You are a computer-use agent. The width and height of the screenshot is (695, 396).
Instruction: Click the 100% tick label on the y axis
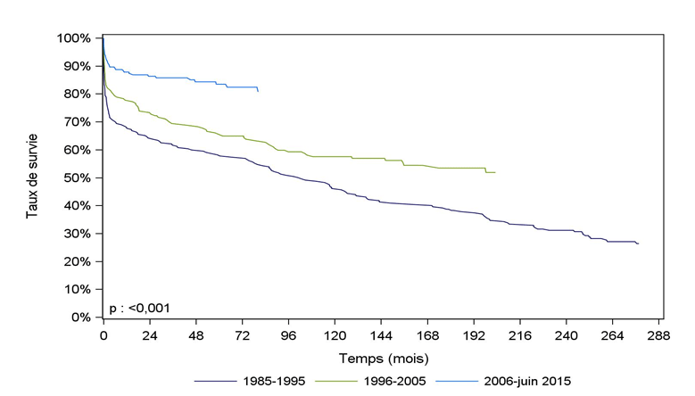tap(72, 38)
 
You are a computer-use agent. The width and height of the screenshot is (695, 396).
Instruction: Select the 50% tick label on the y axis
tap(76, 177)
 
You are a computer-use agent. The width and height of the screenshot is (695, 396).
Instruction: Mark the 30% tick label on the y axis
tap(76, 234)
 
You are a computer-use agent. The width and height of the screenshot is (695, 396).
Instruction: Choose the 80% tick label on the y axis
tap(76, 95)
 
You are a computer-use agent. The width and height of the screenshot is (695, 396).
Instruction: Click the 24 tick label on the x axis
tap(149, 335)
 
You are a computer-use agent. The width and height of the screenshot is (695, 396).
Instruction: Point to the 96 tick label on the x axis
tap(288, 335)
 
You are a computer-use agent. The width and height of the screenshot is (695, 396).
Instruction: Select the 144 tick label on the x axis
tap(381, 335)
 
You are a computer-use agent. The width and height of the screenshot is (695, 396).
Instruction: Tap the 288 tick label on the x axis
tap(658, 335)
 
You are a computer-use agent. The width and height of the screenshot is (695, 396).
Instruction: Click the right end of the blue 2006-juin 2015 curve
tap(258, 91)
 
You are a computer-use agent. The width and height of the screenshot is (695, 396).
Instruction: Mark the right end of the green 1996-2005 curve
tap(494, 172)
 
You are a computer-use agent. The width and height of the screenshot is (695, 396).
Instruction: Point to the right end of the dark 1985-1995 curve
tap(638, 243)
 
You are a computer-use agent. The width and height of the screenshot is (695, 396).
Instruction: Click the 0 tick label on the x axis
tap(103, 335)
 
